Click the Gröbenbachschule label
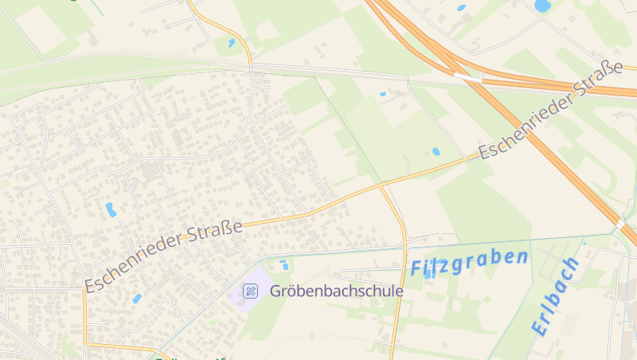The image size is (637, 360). coord(336,292)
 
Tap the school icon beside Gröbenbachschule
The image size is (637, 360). coord(250,292)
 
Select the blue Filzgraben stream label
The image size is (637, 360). coord(469,263)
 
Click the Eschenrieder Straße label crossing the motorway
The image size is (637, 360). coord(549,111)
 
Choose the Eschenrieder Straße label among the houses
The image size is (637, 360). coord(164,255)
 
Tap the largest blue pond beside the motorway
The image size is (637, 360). coord(542,6)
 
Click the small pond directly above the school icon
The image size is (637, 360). coord(283,264)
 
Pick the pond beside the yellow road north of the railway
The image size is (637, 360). coord(231,43)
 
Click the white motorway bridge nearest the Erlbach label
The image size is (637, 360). coord(619,224)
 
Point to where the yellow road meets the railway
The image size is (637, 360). coord(252,65)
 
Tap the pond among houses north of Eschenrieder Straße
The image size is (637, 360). coord(111,210)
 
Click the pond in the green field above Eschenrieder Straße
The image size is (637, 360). coord(436,151)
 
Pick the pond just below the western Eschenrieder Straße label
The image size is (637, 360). coord(137,299)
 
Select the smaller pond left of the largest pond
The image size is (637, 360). coord(462,8)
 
